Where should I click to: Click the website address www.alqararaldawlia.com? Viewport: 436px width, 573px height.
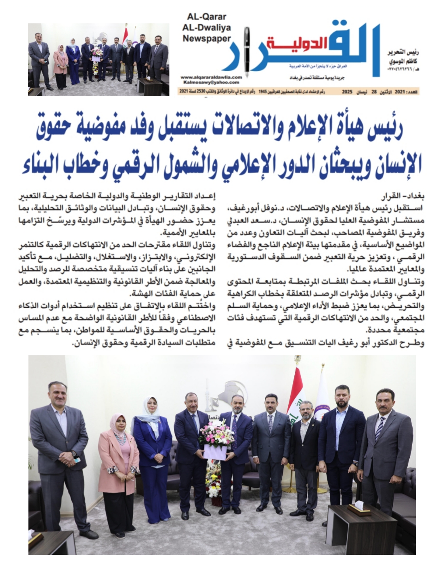[211, 77]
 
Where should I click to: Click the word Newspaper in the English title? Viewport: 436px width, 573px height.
[207, 39]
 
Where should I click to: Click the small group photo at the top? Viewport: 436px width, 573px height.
[99, 59]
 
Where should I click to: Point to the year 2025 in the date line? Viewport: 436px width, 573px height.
[348, 92]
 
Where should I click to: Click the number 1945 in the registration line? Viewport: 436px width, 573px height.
[264, 92]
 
